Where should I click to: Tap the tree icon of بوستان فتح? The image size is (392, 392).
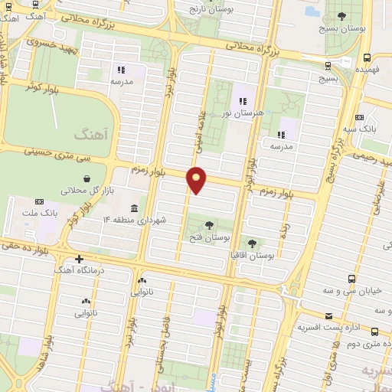(209, 225)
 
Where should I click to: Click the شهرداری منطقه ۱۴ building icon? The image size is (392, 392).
(134, 209)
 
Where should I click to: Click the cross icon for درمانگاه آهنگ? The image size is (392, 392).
(79, 259)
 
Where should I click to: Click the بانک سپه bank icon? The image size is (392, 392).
(360, 117)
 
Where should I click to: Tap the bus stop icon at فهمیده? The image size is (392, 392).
(367, 57)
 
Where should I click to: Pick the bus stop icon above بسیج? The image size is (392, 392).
(328, 66)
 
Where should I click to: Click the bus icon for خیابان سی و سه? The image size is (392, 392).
(351, 279)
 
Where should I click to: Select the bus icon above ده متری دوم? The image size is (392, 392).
(374, 332)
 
